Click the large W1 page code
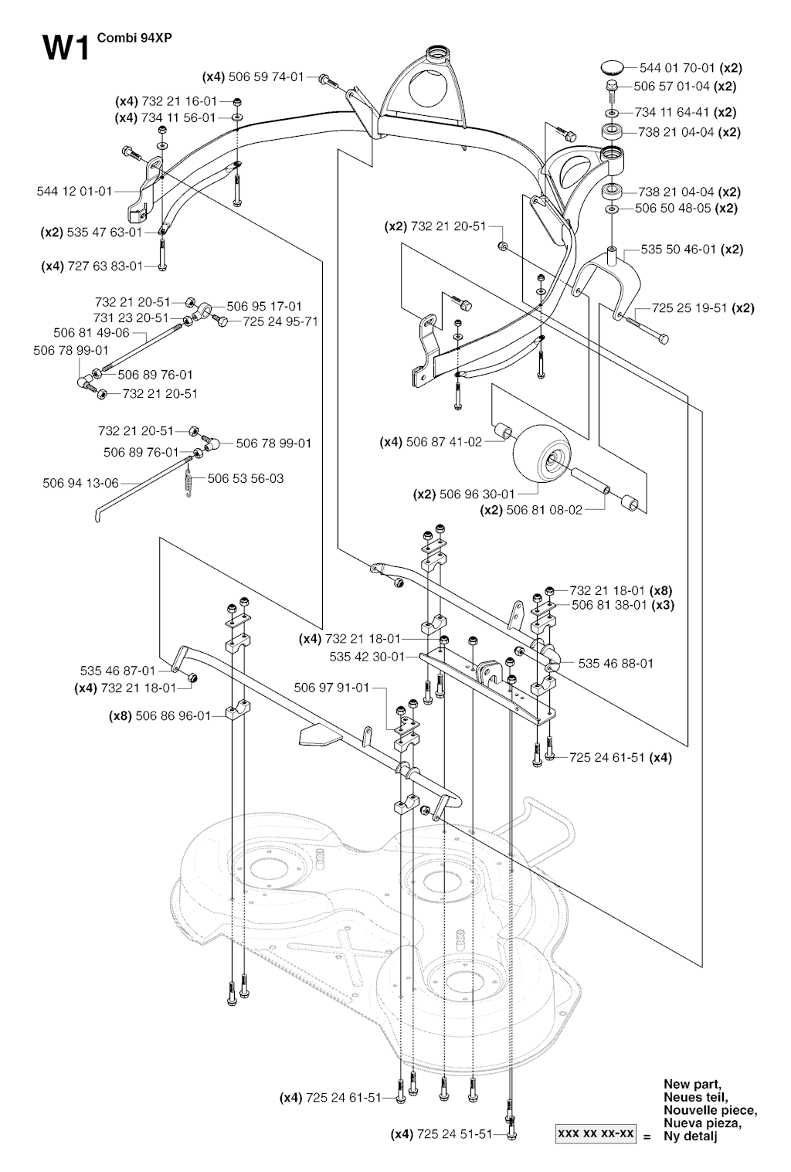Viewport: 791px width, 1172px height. [67, 48]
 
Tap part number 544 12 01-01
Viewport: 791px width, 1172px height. [74, 191]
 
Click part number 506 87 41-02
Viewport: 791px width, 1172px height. [443, 442]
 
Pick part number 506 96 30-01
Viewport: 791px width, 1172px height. [476, 494]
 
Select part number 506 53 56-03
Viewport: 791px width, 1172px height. [246, 478]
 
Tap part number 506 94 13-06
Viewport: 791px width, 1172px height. [81, 484]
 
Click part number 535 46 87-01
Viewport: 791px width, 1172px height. [118, 671]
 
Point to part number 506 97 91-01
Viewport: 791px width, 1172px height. [332, 687]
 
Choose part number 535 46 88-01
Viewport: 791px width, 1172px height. [616, 663]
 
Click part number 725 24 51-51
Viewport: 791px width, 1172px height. [453, 1134]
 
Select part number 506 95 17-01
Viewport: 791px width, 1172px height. [264, 306]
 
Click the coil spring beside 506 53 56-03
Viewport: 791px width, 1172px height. [191, 481]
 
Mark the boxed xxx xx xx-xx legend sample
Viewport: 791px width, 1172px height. [595, 1134]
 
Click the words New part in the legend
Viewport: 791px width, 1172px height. [692, 1084]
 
